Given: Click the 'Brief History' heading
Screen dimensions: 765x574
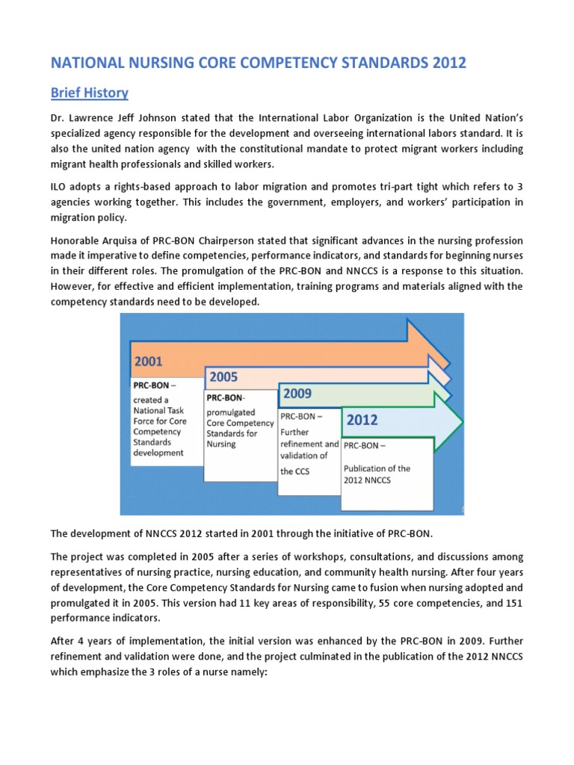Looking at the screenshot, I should click(x=89, y=93).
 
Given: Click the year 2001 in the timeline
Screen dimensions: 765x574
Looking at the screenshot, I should click(x=149, y=362).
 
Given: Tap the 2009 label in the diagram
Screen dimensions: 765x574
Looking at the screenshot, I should click(x=297, y=393).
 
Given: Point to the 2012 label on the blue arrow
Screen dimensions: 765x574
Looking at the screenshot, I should click(x=362, y=421).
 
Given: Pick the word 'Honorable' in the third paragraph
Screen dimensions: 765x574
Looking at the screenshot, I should click(x=75, y=241).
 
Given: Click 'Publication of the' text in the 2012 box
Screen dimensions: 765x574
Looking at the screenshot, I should click(x=377, y=468).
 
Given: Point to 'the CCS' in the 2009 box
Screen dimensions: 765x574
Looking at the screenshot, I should click(x=295, y=471).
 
